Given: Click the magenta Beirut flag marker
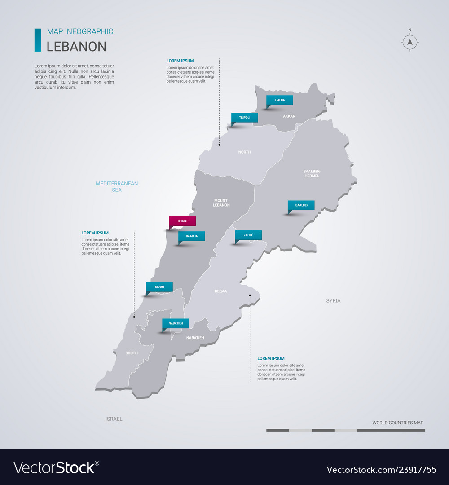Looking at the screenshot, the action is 182,221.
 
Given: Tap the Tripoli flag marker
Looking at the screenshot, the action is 245,118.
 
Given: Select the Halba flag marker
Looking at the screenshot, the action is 279,100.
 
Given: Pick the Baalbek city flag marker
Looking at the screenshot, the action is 301,205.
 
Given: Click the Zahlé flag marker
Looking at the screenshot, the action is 248,235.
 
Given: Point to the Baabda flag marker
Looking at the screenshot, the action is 192,236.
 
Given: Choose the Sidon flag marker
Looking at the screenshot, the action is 159,287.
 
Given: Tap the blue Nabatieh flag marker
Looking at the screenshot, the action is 176,323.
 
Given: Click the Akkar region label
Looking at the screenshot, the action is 289,116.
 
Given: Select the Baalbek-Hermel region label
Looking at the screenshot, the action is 312,173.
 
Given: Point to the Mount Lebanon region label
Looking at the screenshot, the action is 221,203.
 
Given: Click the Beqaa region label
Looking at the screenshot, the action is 220,291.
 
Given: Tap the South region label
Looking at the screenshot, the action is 132,353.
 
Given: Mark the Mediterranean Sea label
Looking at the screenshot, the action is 117,186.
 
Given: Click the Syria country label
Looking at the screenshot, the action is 333,301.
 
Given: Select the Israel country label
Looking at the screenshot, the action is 114,419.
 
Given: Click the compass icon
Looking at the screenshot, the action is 409,42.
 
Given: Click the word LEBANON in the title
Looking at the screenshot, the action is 77,47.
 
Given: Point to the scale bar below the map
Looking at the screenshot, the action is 345,430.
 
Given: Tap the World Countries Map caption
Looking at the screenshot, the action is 397,423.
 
